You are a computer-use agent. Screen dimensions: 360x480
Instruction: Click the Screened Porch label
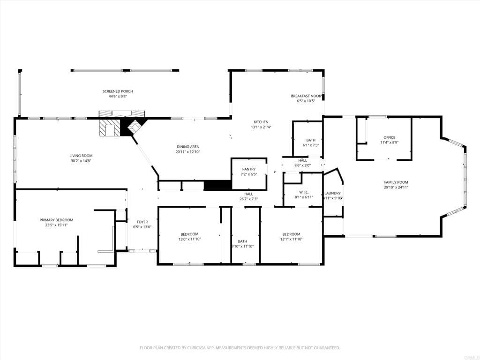point(118,91)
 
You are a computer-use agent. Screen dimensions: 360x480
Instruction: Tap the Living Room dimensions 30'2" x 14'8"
point(81,161)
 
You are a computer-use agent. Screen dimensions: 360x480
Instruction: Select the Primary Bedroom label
point(56,220)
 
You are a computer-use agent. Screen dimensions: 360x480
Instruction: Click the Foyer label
point(142,222)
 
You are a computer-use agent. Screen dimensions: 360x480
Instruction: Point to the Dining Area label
point(187,146)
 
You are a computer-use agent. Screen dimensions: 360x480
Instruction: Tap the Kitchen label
point(261,122)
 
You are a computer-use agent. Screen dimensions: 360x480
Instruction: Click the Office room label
point(389,137)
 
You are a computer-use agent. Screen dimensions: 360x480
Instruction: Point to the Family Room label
point(396,182)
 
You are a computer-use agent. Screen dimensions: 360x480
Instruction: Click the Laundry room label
point(332,193)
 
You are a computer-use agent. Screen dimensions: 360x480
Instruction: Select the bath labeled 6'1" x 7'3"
point(311,140)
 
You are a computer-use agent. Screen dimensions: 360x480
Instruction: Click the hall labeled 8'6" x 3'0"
point(302,160)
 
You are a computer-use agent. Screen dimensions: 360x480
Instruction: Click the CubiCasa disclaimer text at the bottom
point(240,348)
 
